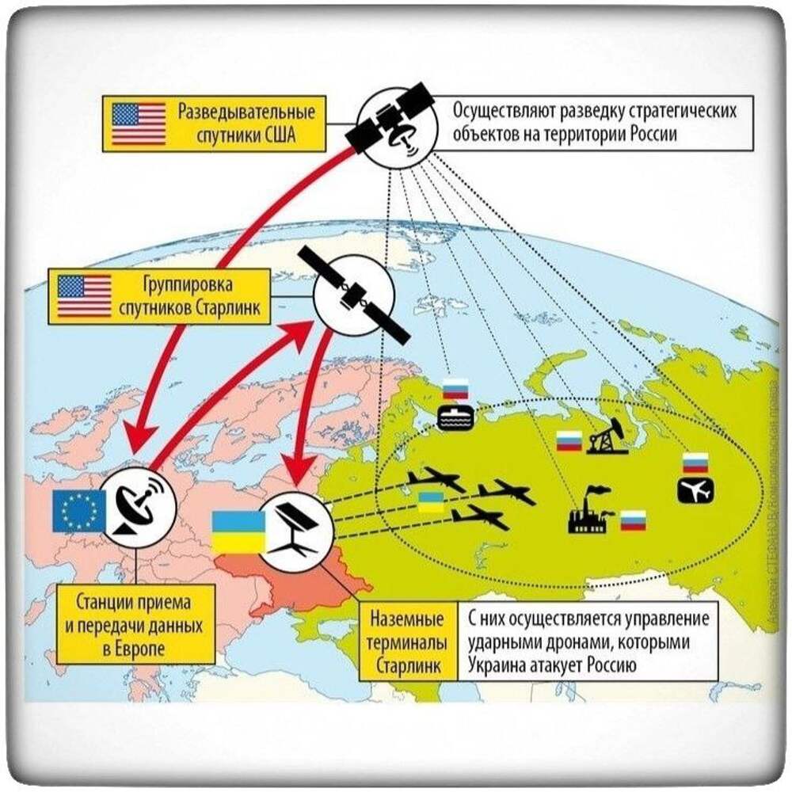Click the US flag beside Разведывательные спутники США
(139, 124)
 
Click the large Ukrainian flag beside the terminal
(238, 532)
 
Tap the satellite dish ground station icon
(137, 507)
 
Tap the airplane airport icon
(695, 489)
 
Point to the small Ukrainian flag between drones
(431, 501)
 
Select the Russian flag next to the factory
(632, 520)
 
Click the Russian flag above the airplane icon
(695, 462)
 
